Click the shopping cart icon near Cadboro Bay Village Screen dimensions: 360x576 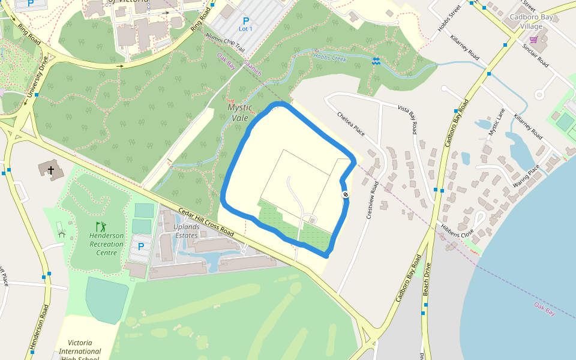(533, 40)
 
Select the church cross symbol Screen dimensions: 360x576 (52, 170)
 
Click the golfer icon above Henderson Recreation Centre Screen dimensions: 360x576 (101, 227)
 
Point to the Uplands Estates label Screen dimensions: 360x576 (185, 231)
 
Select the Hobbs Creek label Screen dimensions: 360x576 (330, 58)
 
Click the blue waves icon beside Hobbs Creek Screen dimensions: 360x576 (376, 61)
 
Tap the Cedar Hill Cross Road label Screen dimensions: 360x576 (206, 222)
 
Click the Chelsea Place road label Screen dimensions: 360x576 (351, 123)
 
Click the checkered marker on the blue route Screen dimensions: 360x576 (346, 194)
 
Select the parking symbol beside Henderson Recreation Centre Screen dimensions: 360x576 (141, 247)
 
